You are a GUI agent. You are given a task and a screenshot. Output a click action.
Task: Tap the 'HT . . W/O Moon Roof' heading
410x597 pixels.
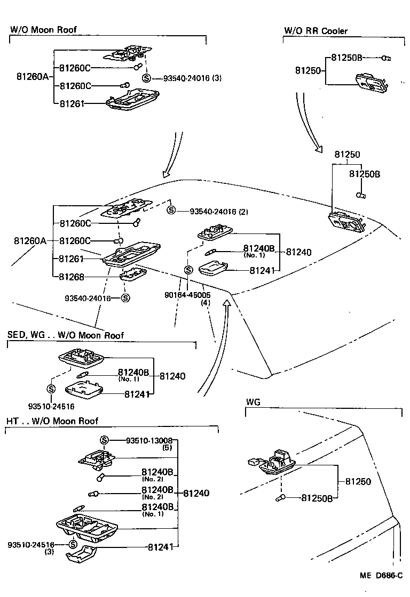click(52, 421)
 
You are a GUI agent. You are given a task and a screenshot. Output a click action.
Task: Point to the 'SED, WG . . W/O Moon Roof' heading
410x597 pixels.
click(65, 335)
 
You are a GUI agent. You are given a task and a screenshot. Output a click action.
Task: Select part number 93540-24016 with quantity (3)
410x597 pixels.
click(187, 78)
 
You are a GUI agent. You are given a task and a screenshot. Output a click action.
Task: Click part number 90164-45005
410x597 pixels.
click(187, 294)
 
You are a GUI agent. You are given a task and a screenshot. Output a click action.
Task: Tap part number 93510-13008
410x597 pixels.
click(149, 440)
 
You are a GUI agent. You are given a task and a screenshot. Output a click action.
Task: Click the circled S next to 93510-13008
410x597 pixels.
click(104, 440)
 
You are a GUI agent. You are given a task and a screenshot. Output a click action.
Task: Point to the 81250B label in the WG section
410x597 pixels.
click(317, 498)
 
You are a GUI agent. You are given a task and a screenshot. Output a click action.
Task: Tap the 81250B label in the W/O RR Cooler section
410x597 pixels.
click(346, 57)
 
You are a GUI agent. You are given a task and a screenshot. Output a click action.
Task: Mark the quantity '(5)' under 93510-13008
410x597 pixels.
click(166, 448)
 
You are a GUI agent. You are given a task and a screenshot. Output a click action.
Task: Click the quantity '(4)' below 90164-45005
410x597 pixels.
click(205, 302)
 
